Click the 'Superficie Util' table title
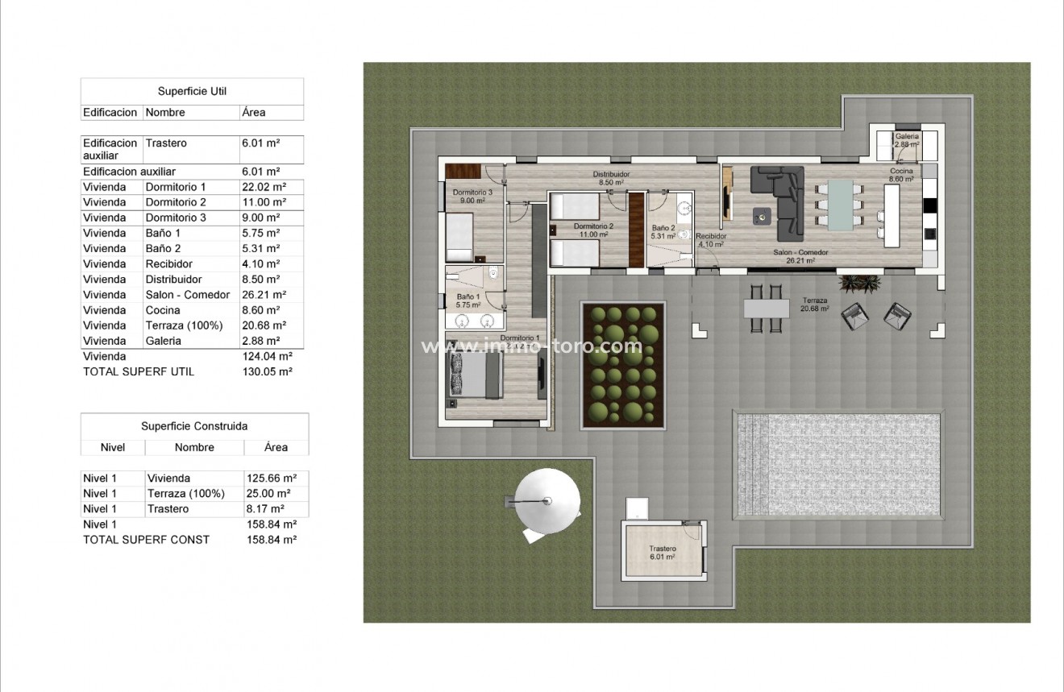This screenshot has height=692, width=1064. [192, 92]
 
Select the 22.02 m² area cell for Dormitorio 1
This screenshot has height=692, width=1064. [260, 187]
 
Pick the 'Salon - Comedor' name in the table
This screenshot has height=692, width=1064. [188, 295]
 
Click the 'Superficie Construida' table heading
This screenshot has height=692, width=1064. [194, 426]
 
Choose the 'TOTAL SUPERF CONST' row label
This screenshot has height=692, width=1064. [146, 540]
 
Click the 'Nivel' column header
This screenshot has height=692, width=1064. [113, 447]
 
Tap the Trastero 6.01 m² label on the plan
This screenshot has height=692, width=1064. [663, 553]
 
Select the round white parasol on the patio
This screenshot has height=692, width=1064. [548, 501]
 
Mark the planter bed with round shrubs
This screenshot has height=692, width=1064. [623, 365]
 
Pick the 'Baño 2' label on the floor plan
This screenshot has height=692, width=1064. [663, 232]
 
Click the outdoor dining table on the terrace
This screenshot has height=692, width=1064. [766, 308]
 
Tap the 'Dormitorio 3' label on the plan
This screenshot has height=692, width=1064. [472, 197]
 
